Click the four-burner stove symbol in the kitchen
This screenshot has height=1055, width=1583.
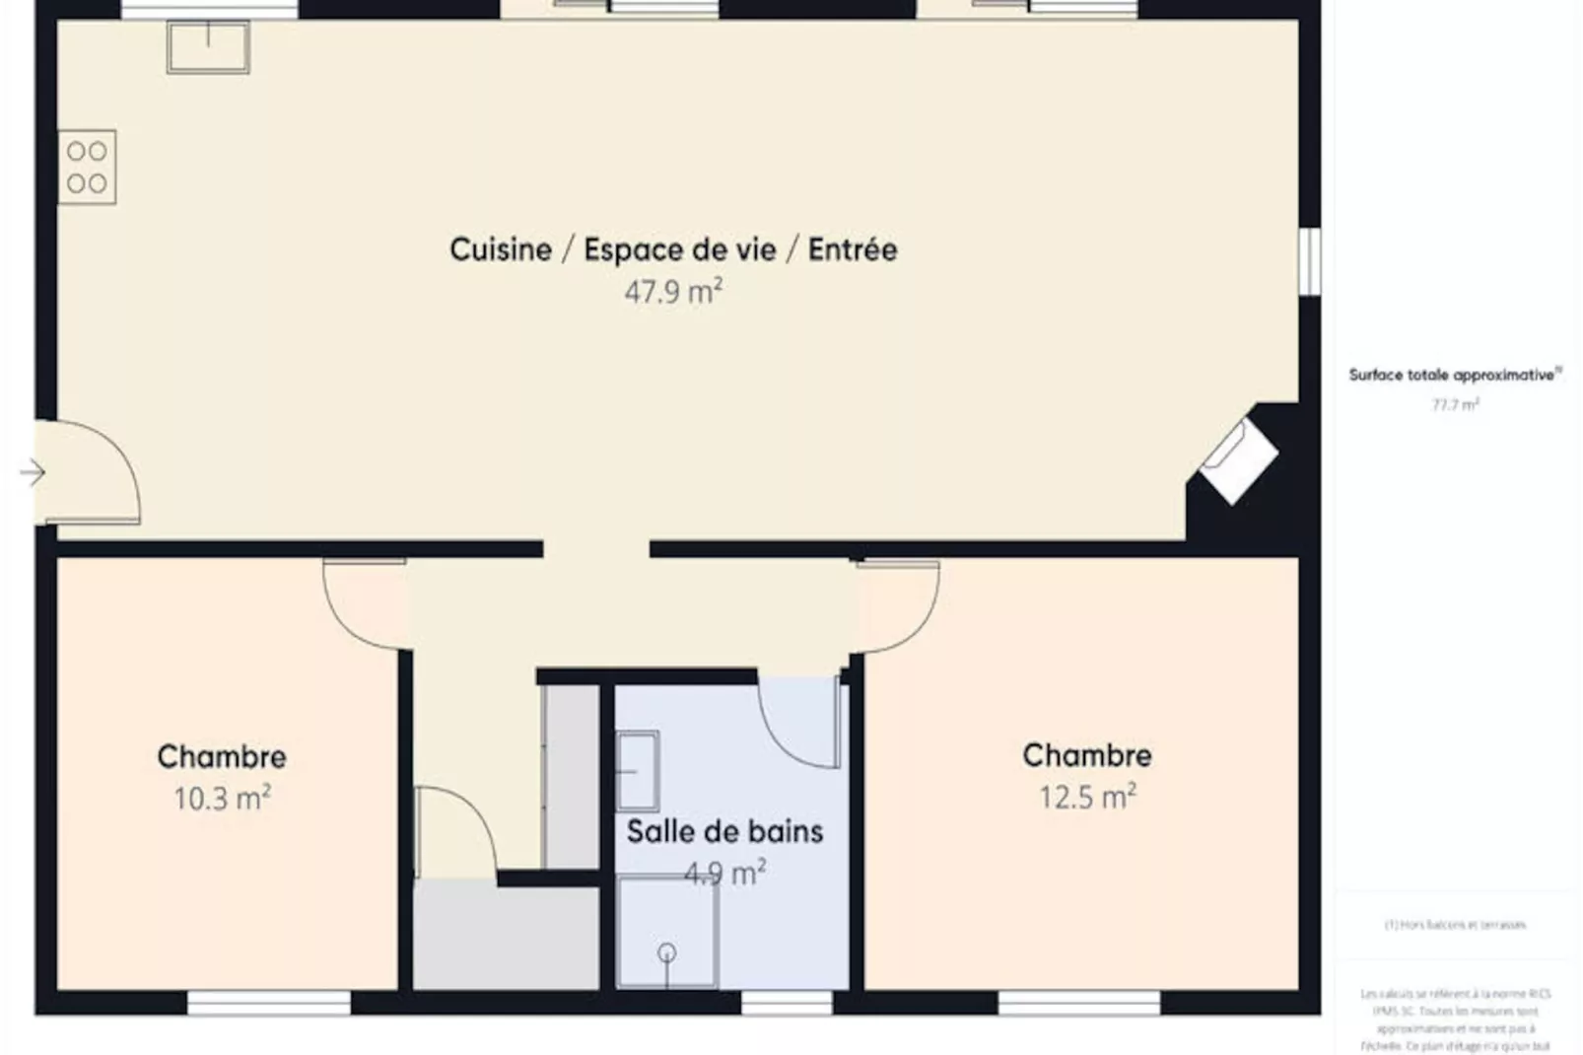pos(87,167)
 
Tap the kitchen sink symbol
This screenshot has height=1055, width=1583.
pos(208,47)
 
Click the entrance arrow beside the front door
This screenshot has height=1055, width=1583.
pos(33,473)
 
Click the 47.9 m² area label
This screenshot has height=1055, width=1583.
pos(673,292)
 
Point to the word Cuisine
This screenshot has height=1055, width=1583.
pos(501,249)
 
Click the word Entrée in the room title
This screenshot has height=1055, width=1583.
pos(853,249)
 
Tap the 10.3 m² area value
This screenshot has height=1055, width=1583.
pos(222,798)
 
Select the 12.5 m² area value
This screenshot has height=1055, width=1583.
pos(1087,796)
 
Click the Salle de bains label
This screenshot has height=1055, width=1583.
pos(724,831)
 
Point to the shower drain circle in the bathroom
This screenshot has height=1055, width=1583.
pos(667,952)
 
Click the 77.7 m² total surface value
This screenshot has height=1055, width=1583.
pos(1455,404)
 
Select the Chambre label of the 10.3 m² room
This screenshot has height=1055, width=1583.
pos(222,756)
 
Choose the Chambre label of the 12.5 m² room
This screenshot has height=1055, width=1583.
pos(1087,755)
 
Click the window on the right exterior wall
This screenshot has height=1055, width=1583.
pos(1309,261)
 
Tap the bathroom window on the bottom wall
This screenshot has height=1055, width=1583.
pos(786,1004)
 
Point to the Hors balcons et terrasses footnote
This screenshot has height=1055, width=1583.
pos(1455,925)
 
